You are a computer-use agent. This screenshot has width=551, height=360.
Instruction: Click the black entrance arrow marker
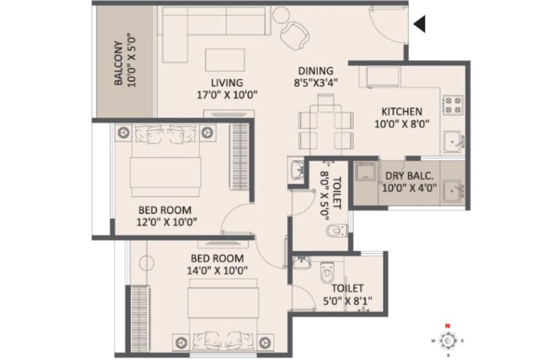click(420, 24)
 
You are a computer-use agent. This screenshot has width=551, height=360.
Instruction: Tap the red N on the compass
click(447, 326)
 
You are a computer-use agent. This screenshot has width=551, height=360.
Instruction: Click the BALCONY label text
click(119, 63)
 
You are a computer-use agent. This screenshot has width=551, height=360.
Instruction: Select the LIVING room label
click(227, 82)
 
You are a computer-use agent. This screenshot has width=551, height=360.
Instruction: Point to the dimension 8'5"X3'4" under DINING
click(316, 82)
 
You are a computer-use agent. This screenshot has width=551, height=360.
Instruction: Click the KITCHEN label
click(402, 111)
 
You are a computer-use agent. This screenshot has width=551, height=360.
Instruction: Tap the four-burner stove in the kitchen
click(453, 105)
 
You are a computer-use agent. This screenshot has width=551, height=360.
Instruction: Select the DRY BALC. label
click(409, 176)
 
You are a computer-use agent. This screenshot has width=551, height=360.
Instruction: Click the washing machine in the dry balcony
click(366, 170)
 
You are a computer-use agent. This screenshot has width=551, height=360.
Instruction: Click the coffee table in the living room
click(225, 60)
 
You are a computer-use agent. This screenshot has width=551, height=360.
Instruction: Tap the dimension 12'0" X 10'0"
click(166, 222)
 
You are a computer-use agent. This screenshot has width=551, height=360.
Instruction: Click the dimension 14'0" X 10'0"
click(218, 270)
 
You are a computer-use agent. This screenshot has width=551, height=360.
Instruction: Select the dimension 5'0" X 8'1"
click(348, 301)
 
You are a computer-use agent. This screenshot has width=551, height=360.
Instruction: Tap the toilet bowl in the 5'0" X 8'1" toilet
click(326, 271)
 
